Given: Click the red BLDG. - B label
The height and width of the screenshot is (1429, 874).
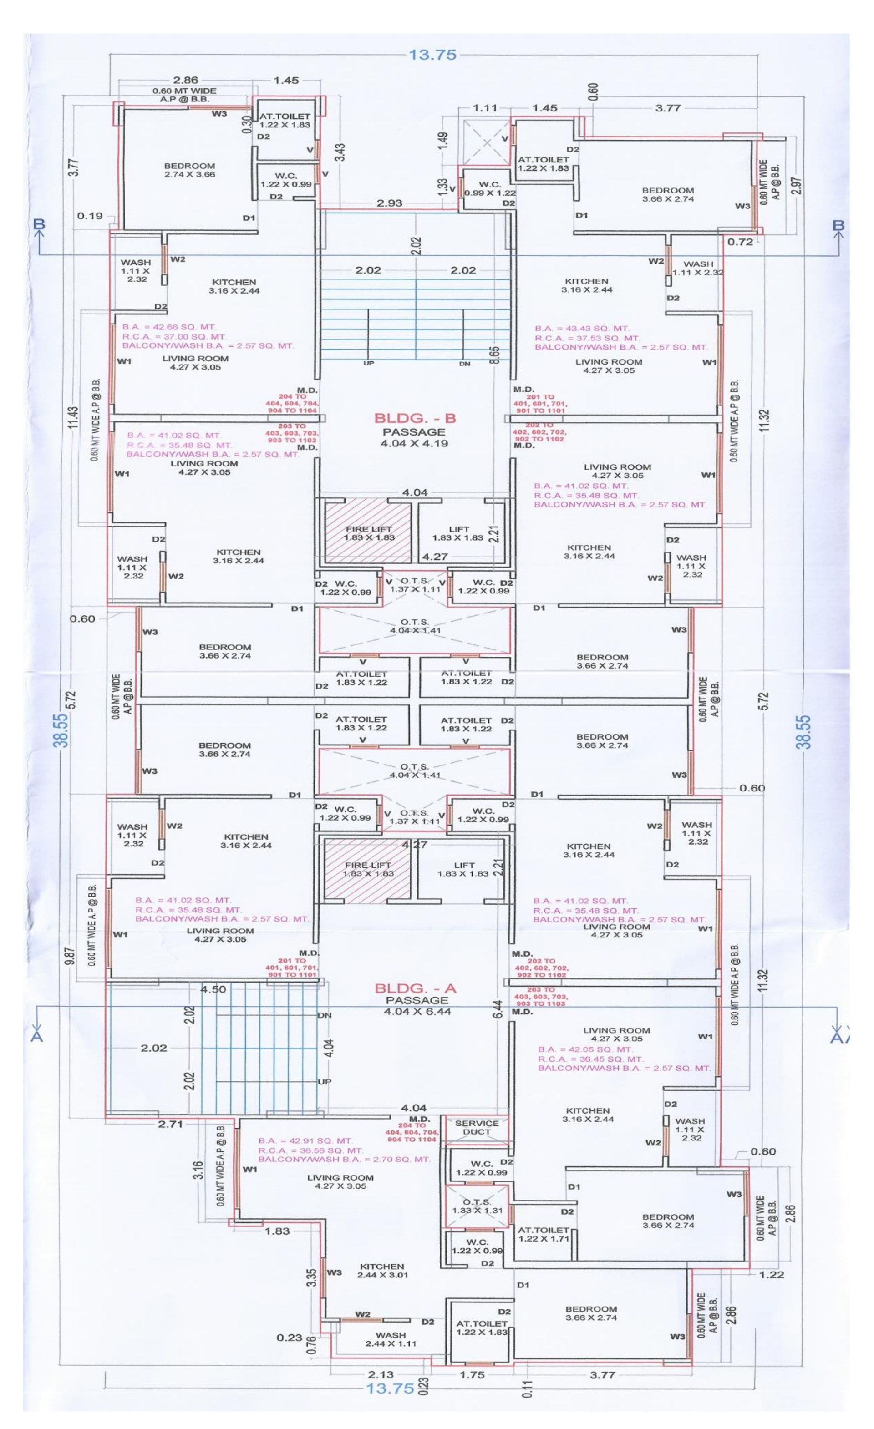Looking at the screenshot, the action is pos(415,418).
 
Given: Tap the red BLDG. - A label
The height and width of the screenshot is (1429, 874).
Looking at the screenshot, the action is pos(415,988).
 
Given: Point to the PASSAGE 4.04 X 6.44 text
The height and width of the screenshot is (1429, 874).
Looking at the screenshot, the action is pos(417,1006).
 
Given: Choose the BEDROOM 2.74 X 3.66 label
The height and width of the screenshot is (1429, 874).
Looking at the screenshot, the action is pos(190,170).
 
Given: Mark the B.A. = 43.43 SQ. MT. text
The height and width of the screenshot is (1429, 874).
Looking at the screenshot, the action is pos(582,328).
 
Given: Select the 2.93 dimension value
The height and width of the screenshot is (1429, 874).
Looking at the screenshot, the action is pos(389,203).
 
